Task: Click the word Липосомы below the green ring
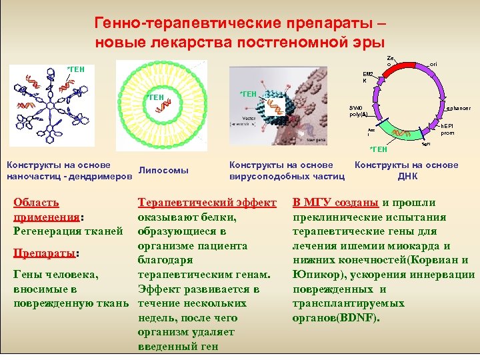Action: coord(163,171)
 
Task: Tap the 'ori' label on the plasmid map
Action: coord(433,63)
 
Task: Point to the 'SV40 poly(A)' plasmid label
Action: coord(358,111)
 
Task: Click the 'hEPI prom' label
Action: coord(447,129)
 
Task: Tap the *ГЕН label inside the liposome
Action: coord(156,98)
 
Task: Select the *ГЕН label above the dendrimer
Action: coord(75,69)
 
